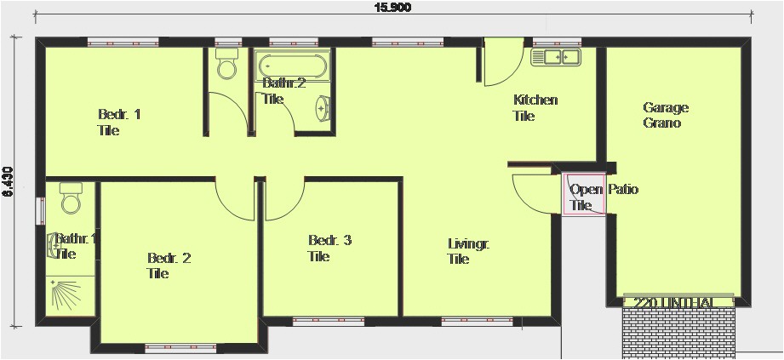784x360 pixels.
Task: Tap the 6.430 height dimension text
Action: click(8, 181)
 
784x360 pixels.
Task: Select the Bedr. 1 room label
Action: click(118, 122)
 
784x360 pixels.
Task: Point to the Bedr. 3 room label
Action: click(329, 248)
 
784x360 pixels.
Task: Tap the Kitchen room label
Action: click(535, 107)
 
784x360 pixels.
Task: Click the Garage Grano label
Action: click(665, 115)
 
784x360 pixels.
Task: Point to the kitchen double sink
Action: click(555, 57)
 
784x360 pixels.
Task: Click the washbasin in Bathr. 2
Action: click(323, 109)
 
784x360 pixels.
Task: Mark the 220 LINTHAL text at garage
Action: click(678, 301)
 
